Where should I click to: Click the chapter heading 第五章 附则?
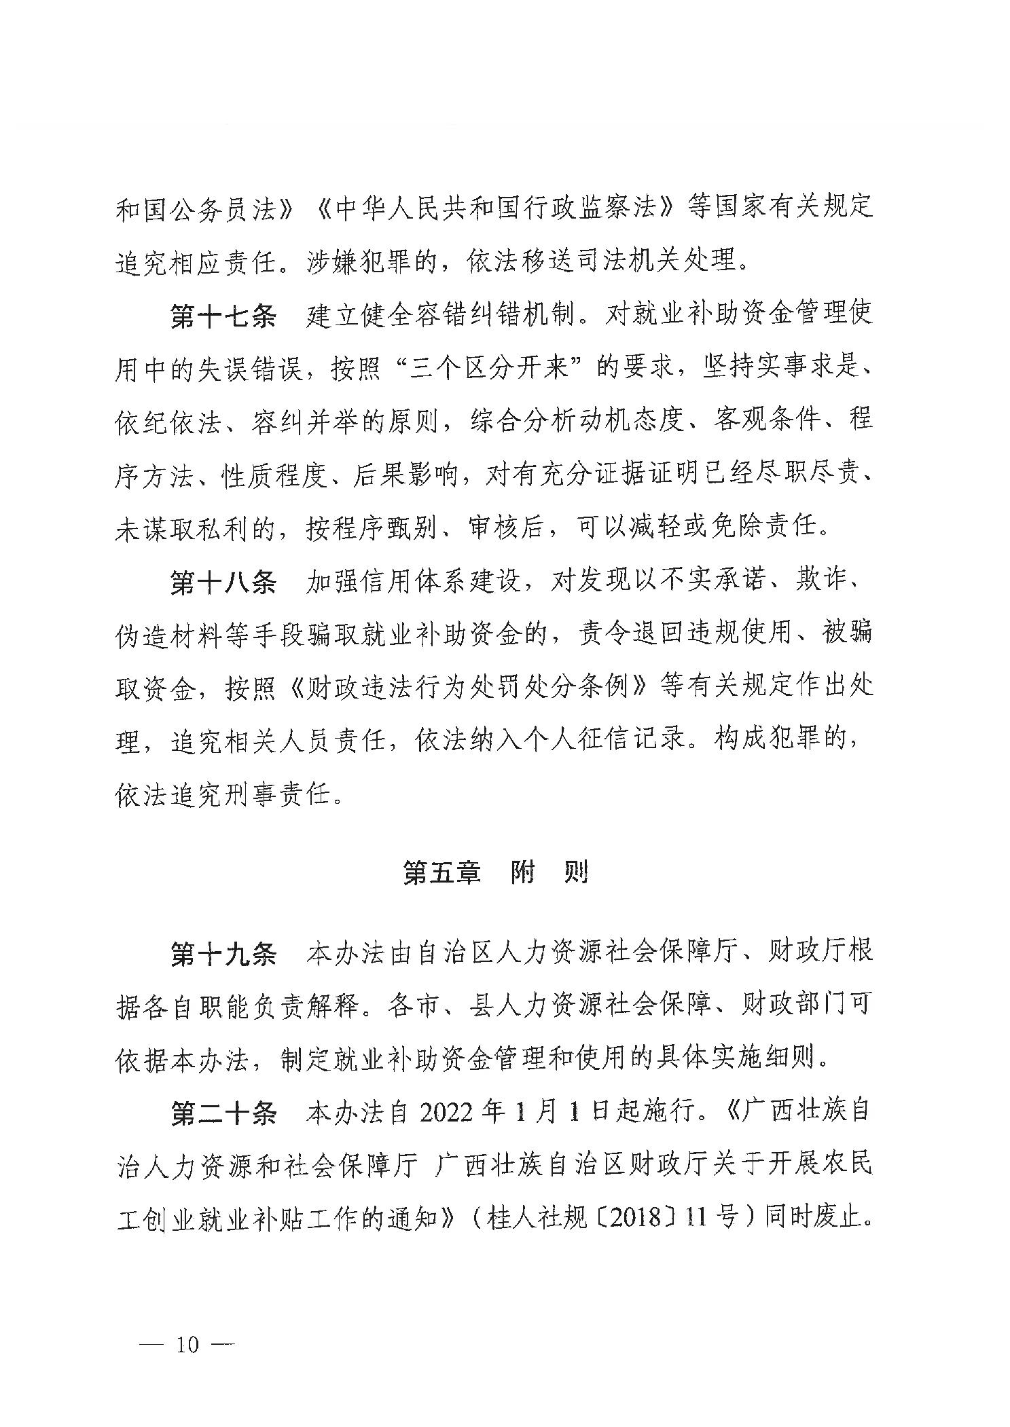[495, 873]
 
